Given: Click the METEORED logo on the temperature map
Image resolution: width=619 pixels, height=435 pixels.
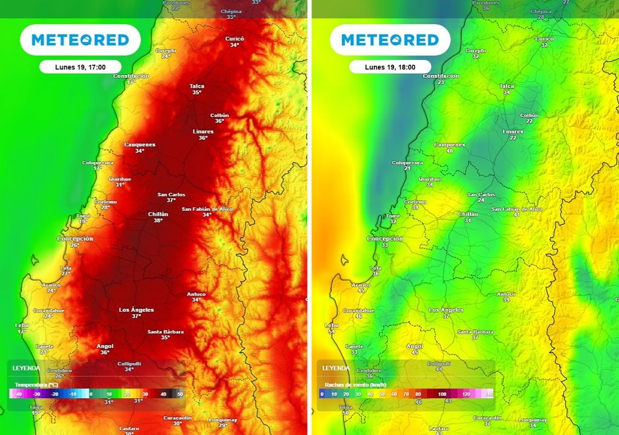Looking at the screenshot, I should tap(80, 40).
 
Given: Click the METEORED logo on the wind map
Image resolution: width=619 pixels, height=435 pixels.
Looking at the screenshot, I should tap(390, 40).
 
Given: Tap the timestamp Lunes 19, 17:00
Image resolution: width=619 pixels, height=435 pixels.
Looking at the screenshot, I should tap(80, 67).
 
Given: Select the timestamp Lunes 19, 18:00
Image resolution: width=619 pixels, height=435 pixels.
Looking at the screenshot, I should tap(390, 67).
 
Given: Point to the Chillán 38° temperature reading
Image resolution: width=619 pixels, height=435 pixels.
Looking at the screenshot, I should tap(158, 221).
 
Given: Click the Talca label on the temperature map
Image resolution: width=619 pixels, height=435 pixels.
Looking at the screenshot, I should tap(196, 86).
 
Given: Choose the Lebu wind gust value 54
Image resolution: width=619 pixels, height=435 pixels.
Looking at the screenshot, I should tap(331, 332).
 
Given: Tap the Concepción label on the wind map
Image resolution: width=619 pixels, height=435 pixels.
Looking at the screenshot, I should tap(384, 239).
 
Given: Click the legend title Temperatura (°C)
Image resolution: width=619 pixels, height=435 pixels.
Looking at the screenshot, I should tap(36, 384).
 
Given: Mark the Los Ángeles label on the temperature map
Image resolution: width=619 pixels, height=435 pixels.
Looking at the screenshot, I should tap(136, 310).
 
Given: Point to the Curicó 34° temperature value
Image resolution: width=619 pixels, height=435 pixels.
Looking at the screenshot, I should tap(235, 45).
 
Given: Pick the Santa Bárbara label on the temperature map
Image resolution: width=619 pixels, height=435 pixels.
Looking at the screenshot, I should tap(166, 332).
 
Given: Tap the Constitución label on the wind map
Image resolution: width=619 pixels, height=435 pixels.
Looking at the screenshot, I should tap(441, 76).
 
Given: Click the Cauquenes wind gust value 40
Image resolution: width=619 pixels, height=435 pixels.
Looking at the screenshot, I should tap(449, 151).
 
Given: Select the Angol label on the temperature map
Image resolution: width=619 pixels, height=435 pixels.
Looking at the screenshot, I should tap(105, 346).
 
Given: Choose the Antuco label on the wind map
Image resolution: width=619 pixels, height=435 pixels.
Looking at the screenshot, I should tap(506, 294).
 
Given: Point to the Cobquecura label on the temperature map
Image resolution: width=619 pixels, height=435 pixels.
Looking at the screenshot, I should tap(97, 163).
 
